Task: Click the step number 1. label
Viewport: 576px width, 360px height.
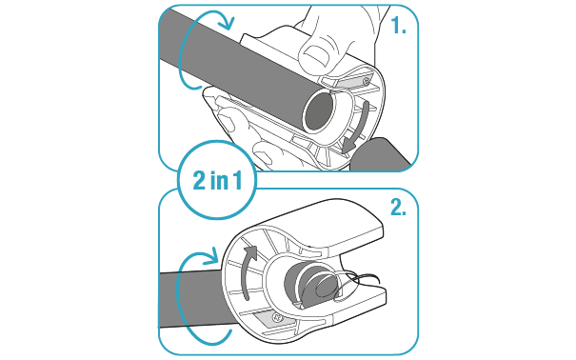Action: click(398, 26)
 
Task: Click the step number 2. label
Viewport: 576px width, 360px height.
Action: click(398, 208)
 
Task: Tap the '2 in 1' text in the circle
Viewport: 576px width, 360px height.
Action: click(217, 180)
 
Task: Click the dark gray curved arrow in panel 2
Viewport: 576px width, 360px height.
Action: click(246, 271)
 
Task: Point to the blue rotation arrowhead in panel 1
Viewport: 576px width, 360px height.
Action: click(227, 23)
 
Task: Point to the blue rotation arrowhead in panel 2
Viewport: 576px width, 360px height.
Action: click(211, 256)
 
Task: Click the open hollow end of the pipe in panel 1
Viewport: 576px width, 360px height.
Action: click(319, 111)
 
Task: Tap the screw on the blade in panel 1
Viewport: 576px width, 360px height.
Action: click(366, 80)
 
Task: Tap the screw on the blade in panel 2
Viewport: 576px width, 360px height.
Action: click(276, 316)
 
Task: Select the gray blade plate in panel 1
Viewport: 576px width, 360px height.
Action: click(352, 82)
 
